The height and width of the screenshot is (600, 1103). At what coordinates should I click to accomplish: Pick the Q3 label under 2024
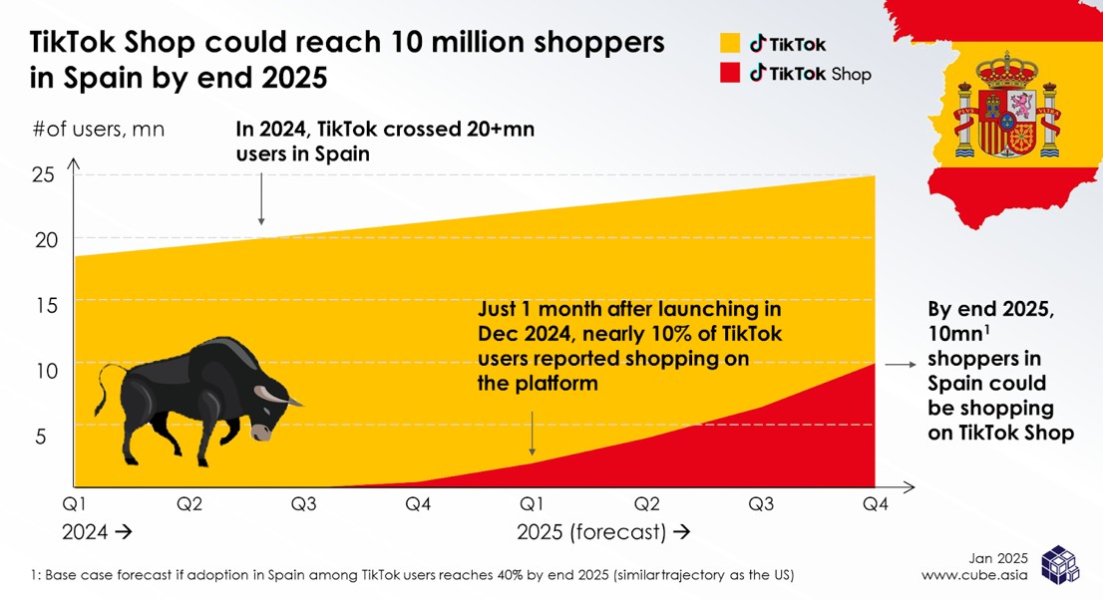tap(304, 504)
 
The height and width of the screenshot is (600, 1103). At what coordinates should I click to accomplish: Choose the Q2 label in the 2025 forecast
tap(647, 504)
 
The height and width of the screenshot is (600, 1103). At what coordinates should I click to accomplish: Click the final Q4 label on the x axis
tap(875, 504)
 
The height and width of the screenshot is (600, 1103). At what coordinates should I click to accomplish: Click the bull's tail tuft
tap(103, 392)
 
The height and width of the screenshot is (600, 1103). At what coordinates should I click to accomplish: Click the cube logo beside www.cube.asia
tap(1059, 564)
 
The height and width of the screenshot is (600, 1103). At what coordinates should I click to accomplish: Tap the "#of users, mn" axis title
tap(99, 130)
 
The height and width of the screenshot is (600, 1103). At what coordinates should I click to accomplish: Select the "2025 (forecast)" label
tap(591, 532)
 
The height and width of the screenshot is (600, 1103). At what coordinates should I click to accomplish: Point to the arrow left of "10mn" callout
tap(901, 366)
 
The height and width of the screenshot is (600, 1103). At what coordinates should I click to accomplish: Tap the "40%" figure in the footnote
tap(494, 576)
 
